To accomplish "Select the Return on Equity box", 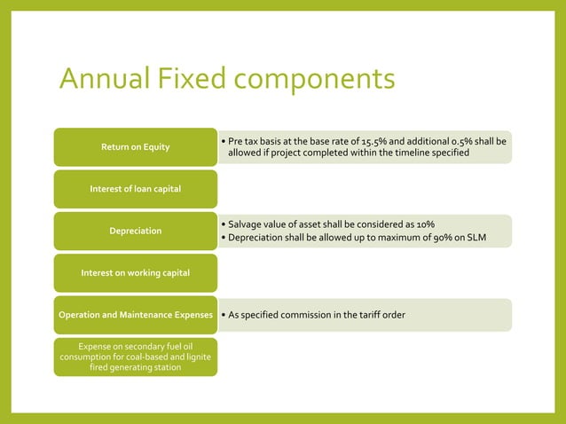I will (135, 146).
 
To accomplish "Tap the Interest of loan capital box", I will (135, 189).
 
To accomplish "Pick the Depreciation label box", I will (135, 231).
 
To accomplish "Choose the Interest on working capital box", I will (135, 272).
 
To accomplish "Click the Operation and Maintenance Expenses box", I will (135, 315).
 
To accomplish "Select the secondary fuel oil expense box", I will (135, 357).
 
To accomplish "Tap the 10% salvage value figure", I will (424, 224).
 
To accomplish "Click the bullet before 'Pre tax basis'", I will (222, 141).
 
